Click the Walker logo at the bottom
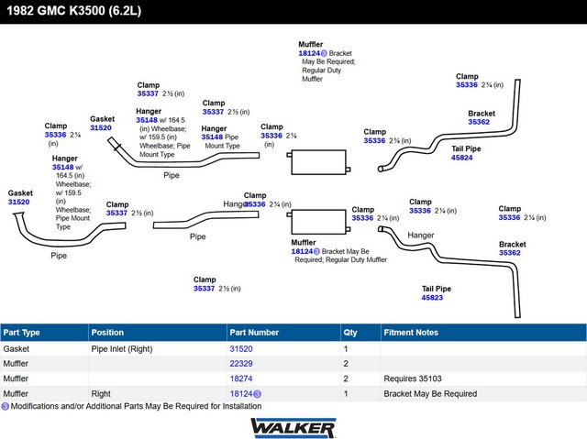pyautogui.click(x=293, y=428)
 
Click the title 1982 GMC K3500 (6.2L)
pyautogui.click(x=73, y=10)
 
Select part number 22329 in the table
pyautogui.click(x=241, y=364)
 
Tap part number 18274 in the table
pyautogui.click(x=241, y=379)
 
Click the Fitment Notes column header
pyautogui.click(x=411, y=333)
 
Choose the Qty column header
pyautogui.click(x=350, y=333)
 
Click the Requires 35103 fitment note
pyautogui.click(x=413, y=379)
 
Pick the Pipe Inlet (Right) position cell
pyautogui.click(x=122, y=349)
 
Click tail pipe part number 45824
pyautogui.click(x=461, y=158)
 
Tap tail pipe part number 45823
pyautogui.click(x=432, y=298)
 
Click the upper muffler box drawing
pyautogui.click(x=318, y=162)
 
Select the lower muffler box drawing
pyautogui.click(x=318, y=222)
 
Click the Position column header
pyautogui.click(x=107, y=333)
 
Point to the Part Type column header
pyautogui.click(x=21, y=333)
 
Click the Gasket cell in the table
pyautogui.click(x=17, y=349)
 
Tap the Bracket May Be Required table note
pyautogui.click(x=430, y=394)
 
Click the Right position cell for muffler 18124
pyautogui.click(x=101, y=394)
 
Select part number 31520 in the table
pyautogui.click(x=241, y=349)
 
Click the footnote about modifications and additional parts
pyautogui.click(x=131, y=406)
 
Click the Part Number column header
pyautogui.click(x=254, y=333)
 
